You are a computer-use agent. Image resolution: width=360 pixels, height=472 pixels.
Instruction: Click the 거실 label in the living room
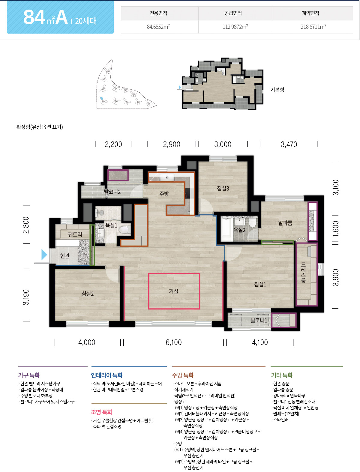[x=173, y=291]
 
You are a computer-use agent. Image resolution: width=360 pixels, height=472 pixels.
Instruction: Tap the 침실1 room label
[x=260, y=284]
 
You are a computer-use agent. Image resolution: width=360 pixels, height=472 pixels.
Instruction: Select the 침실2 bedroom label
[x=88, y=294]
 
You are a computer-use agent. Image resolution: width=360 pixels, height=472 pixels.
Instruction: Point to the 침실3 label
[x=223, y=188]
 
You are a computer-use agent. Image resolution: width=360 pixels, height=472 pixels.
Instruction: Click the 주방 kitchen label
[x=164, y=194]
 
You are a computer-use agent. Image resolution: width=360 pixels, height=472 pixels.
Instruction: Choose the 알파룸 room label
[x=285, y=223]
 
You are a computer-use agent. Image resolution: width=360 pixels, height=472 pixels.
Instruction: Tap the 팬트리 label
[x=75, y=234]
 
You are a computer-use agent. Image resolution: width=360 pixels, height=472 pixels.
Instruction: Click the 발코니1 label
[x=259, y=320]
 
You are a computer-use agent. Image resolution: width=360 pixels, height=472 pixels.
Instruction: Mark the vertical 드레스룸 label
[x=303, y=273]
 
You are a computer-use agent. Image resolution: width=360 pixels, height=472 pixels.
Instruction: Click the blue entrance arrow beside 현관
[x=44, y=255]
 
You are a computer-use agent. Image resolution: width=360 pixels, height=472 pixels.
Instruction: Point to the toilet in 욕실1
[x=124, y=229]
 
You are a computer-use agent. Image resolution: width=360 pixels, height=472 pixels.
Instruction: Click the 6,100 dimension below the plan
[x=173, y=342]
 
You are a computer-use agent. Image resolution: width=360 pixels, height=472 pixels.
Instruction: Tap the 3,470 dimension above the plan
[x=289, y=144]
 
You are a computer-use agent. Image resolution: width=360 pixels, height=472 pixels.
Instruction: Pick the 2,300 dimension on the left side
[x=26, y=225]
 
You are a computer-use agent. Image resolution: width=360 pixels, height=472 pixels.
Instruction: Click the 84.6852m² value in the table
[x=158, y=27]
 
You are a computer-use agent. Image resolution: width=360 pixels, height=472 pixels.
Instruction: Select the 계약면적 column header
[x=310, y=13]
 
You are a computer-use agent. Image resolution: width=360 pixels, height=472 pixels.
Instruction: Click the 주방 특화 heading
[x=183, y=375]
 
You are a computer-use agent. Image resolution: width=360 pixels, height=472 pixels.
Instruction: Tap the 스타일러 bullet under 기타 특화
[x=280, y=420]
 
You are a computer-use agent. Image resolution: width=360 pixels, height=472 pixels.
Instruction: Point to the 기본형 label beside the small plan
[x=277, y=90]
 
